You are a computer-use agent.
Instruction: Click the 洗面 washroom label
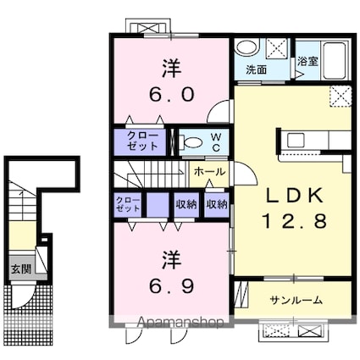coord(256,69)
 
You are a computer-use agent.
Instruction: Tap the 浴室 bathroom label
coord(307,61)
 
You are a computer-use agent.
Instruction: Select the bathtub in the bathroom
coord(335,60)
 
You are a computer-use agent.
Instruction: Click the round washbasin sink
coord(246,47)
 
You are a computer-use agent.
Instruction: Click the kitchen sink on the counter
coord(296,140)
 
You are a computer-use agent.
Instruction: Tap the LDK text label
coord(295,196)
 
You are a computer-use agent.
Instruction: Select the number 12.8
coord(295,221)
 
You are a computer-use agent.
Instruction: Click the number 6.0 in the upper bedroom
coord(172,94)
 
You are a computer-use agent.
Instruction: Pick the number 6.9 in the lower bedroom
coord(172,286)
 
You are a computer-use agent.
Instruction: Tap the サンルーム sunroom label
coord(296,300)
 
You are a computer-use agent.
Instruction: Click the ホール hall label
coord(210,172)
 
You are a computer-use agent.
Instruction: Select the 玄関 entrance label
coord(21,269)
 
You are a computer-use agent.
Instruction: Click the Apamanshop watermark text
coord(180,322)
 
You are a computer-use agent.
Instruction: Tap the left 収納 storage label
coord(186,204)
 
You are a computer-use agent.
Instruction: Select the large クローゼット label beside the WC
coord(142,141)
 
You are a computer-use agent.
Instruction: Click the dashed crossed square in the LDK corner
coord(341,97)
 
